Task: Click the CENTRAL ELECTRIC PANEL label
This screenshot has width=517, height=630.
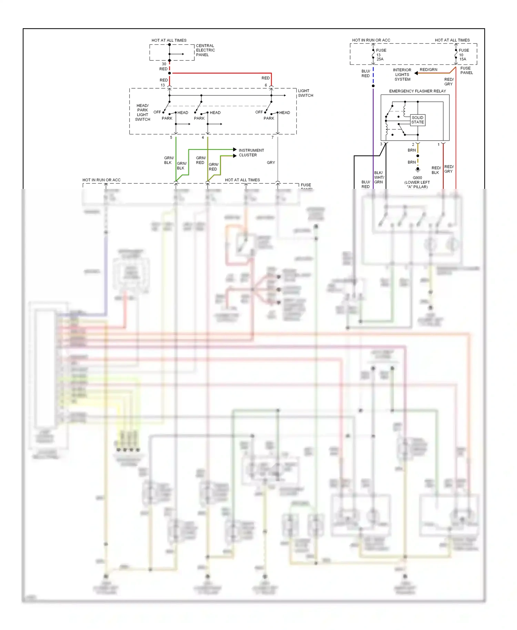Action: (205, 50)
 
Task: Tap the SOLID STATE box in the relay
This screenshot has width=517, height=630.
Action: (417, 120)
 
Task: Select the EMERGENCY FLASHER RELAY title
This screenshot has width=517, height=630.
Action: (417, 91)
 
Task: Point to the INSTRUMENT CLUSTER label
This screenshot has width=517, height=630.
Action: (251, 153)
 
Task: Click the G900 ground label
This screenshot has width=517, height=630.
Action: (417, 178)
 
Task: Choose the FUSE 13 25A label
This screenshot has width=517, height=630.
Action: (381, 54)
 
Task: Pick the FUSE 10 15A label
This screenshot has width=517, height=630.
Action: (464, 54)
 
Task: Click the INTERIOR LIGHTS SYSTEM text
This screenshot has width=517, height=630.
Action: (402, 74)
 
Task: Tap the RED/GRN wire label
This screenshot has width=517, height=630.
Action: (428, 70)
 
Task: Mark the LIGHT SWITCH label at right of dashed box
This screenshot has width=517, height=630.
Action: (305, 93)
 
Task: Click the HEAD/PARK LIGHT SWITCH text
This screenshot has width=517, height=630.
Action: (143, 112)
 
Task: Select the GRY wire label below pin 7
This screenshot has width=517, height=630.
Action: (271, 162)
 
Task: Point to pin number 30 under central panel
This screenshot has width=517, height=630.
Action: (164, 64)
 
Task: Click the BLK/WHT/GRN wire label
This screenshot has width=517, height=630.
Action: (379, 177)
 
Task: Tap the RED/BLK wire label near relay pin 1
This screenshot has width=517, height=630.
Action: (436, 170)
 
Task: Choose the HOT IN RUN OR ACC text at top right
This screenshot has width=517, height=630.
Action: (371, 40)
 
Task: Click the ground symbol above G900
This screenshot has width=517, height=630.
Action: (418, 170)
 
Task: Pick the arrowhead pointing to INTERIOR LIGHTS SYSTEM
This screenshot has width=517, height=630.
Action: (416, 73)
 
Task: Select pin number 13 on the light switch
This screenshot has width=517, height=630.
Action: (163, 85)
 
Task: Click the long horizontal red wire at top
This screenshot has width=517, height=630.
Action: (221, 73)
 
